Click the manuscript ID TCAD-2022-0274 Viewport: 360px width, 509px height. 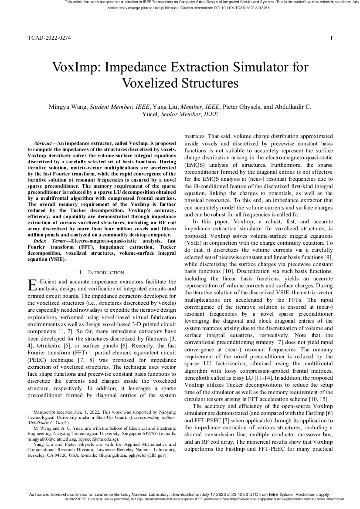click(x=49, y=38)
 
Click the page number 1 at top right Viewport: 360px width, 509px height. click(x=331, y=38)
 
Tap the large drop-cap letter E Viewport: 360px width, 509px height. click(x=32, y=285)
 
